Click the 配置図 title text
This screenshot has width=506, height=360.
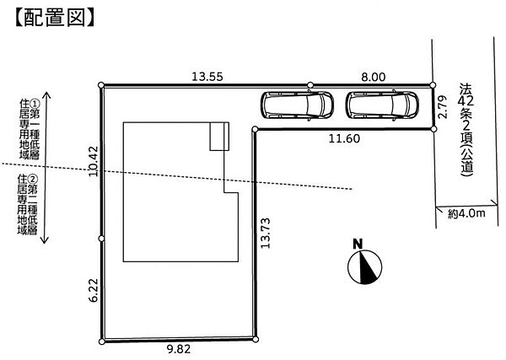click(55, 17)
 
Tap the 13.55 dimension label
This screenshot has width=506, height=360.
click(207, 77)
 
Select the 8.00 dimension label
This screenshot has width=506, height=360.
click(374, 77)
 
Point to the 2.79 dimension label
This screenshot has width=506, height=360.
click(444, 107)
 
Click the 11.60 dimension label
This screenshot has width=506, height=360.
click(344, 138)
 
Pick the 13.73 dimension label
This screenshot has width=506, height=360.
click(266, 234)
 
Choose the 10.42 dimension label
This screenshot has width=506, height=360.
click(94, 161)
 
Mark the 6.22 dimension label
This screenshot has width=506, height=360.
click(94, 290)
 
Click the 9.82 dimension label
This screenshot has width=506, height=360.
click(179, 349)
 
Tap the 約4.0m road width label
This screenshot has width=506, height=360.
click(466, 213)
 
